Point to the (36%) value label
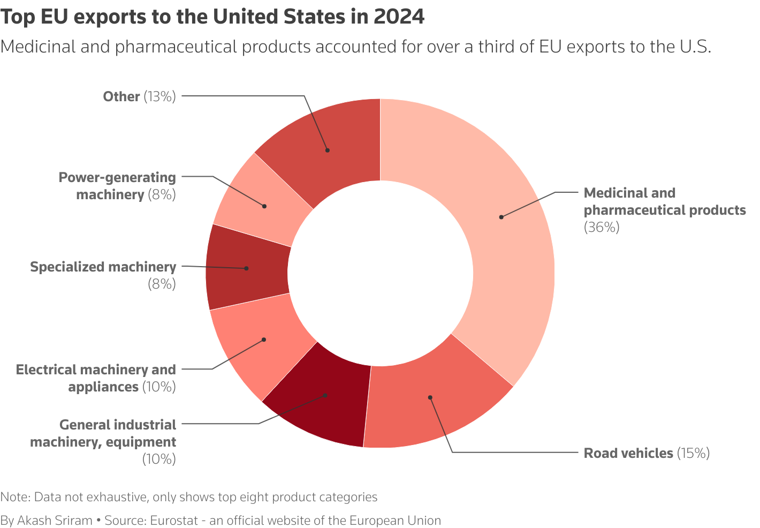[x=601, y=228]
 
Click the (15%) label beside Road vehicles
[x=693, y=454]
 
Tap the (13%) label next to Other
[x=159, y=97]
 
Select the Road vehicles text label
[x=628, y=454]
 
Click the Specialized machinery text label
[x=103, y=267]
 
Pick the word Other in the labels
[x=121, y=97]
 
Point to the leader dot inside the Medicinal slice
[x=501, y=217]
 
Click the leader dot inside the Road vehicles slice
[x=430, y=397]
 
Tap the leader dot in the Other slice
[x=328, y=150]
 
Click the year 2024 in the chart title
[x=399, y=17]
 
